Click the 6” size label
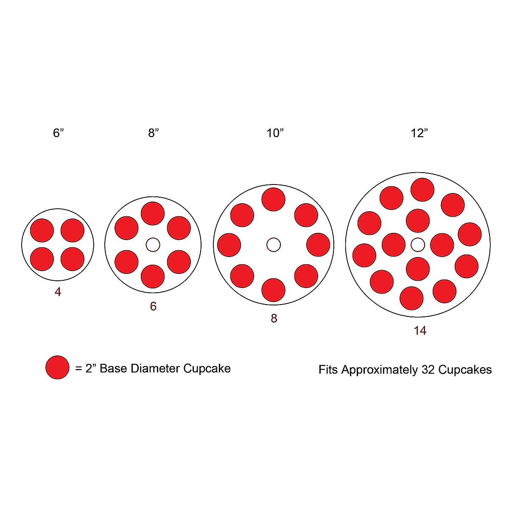pos(58,133)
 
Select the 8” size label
pos(153,133)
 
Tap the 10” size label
pos(274,133)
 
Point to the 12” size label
pos(419,133)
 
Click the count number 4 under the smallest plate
pos(58,292)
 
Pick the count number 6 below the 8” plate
pos(153,306)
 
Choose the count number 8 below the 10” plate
pos(274,319)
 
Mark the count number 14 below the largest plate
pos(420,331)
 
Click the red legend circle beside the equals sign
pos(57,367)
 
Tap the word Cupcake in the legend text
pos(207,368)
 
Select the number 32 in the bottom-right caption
pos(428,369)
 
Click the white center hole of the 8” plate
pos(153,245)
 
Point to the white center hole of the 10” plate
pos(274,244)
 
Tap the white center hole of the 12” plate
pos(418,244)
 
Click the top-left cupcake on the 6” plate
pos(42,230)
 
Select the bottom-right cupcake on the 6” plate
pos(73,259)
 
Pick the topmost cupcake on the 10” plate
pos(274,199)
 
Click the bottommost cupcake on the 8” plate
pos(153,277)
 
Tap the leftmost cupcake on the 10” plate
pos(229,245)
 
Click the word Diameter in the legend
pos(157,368)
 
